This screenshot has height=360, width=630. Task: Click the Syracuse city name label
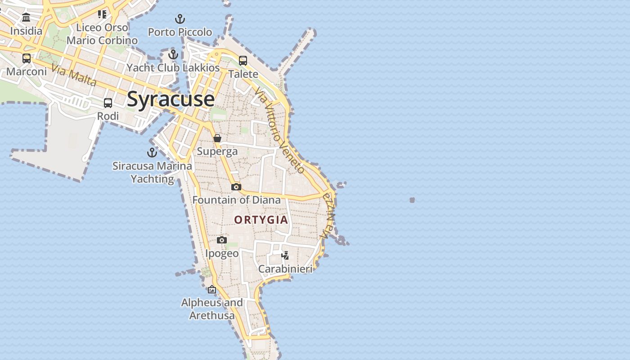171,99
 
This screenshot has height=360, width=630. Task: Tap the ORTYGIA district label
261,220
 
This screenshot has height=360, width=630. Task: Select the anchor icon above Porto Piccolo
180,19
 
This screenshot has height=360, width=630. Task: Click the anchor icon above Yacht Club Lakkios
173,54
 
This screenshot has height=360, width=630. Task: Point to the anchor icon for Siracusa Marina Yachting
152,153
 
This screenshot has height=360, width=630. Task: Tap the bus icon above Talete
243,60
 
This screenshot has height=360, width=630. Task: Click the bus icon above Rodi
108,103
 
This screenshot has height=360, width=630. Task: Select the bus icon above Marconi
27,58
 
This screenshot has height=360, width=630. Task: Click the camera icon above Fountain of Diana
236,187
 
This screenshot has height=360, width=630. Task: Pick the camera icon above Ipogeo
222,240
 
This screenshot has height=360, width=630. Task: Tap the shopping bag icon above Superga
217,138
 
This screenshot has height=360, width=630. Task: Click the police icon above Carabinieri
285,256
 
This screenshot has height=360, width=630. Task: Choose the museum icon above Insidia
26,18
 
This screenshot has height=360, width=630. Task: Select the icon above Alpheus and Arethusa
212,289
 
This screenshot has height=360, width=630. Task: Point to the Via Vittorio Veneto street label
279,130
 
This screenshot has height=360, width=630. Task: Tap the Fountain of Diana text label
237,200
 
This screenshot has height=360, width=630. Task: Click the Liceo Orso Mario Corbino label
102,34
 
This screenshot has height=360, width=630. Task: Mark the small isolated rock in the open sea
412,200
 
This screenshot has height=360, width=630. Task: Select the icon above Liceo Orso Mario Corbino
102,14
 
